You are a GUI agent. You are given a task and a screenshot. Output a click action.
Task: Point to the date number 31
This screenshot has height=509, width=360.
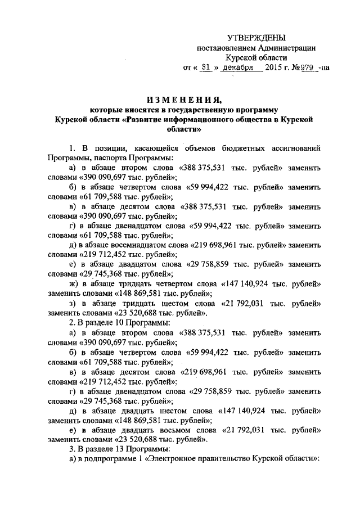coord(209,68)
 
